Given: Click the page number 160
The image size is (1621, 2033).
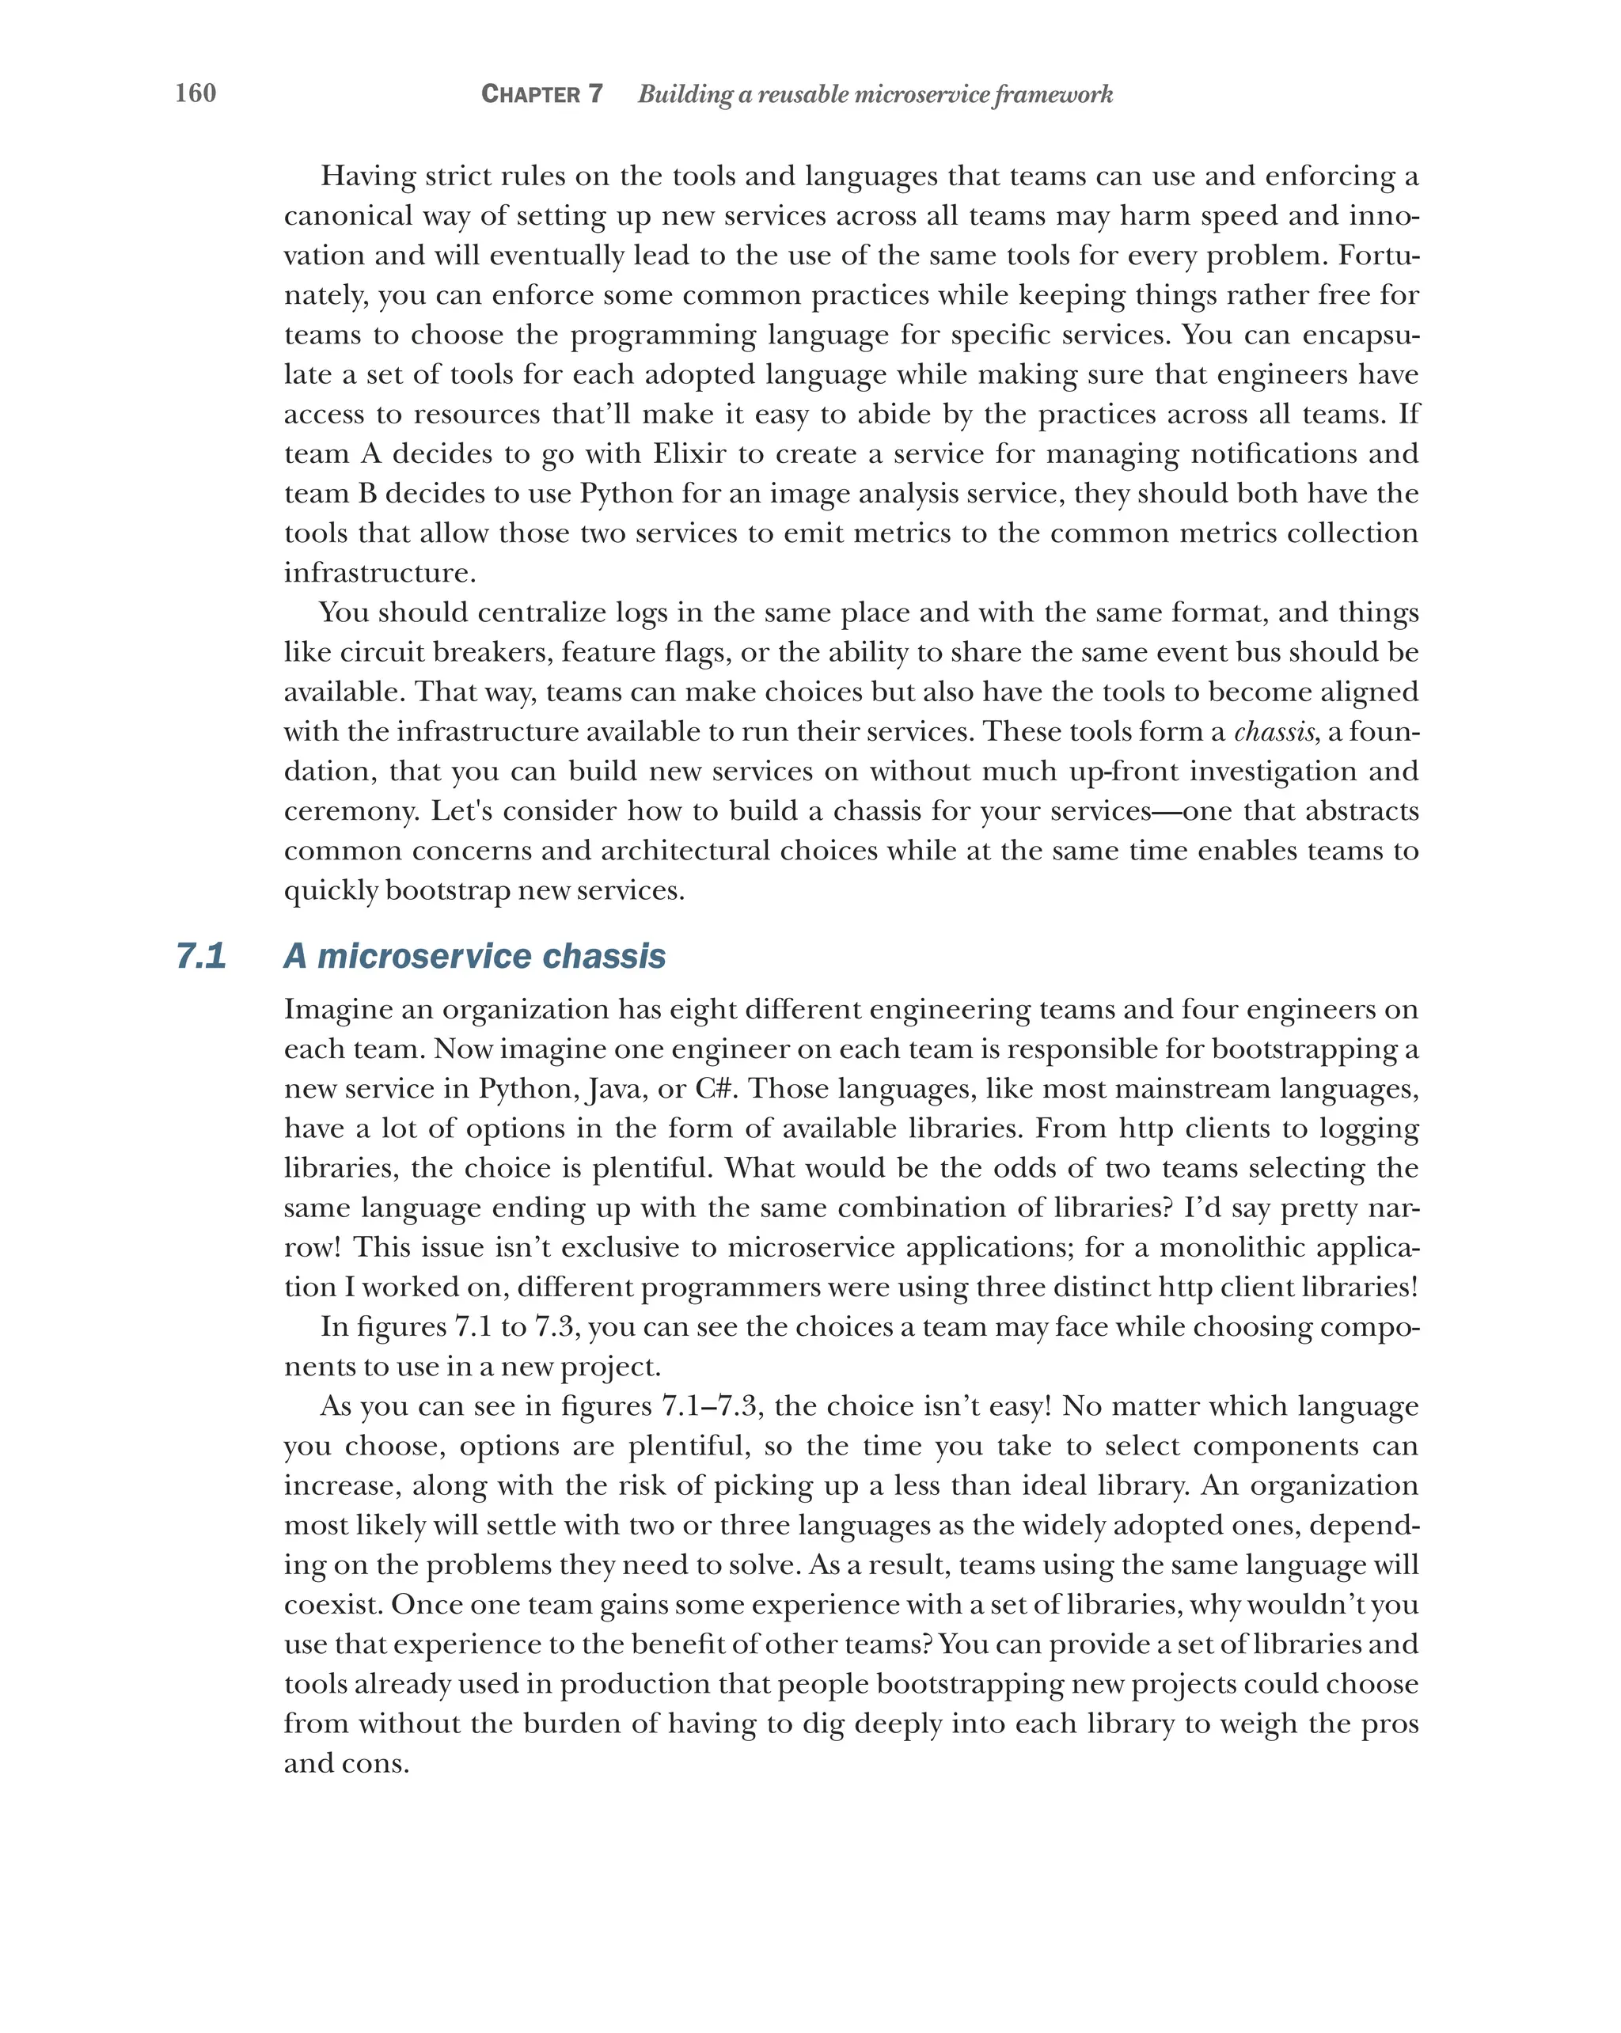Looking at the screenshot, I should click(x=196, y=93).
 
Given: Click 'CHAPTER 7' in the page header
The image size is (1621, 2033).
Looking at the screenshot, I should click(x=541, y=94).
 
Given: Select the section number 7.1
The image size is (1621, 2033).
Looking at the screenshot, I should click(x=201, y=956).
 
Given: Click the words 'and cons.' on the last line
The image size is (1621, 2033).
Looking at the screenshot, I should click(x=346, y=1763).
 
